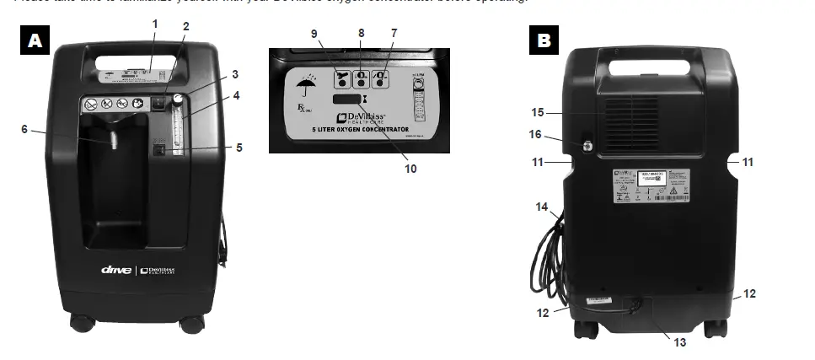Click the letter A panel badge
(x=34, y=41)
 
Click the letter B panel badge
(x=544, y=39)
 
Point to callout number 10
(x=410, y=168)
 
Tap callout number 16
(x=535, y=133)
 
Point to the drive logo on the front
(x=117, y=270)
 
